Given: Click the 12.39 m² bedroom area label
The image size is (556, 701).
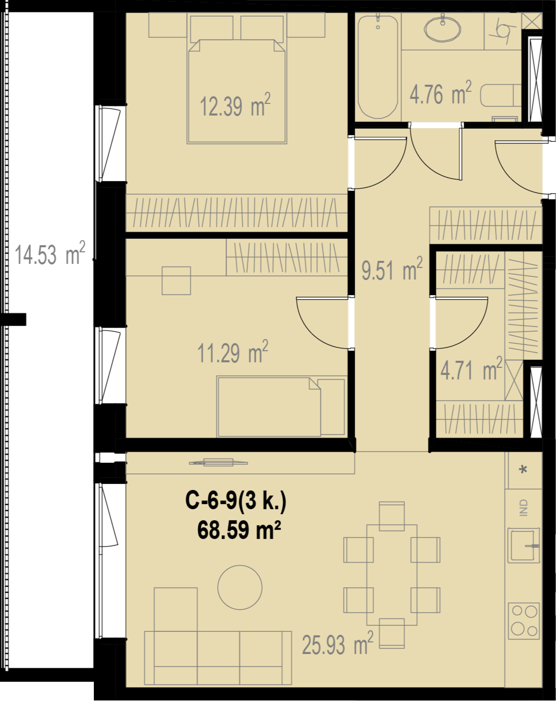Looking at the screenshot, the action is click(235, 105).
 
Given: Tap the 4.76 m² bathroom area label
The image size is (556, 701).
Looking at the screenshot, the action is click(440, 93).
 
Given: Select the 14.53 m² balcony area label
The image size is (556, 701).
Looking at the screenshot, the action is click(50, 253).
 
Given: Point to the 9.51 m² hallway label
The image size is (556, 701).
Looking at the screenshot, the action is click(392, 268).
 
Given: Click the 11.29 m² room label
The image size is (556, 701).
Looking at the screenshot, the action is click(233, 352).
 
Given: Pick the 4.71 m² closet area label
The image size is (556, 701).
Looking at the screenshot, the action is click(471, 369).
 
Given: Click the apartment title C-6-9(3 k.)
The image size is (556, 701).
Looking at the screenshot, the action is click(236, 500).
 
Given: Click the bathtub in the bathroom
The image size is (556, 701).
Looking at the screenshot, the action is click(378, 67).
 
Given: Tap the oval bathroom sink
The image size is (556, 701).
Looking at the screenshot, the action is click(442, 29).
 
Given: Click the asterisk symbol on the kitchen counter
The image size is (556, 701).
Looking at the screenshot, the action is click(523, 470).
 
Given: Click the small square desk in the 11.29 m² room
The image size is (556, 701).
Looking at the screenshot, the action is click(176, 281).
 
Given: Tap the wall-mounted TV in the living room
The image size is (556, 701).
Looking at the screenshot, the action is click(218, 463).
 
